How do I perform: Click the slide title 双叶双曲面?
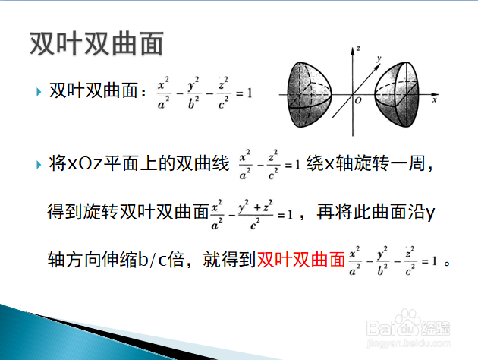coord(96,43)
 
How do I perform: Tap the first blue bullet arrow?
coord(39,92)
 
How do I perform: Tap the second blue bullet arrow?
coord(39,165)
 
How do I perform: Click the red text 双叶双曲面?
coord(301,260)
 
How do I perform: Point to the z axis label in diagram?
coord(358,48)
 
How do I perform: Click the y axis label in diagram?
coord(379,58)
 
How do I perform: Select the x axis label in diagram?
coord(435,99)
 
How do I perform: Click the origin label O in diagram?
coord(358,100)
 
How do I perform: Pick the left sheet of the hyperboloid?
coord(309,95)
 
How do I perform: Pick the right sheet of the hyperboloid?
coord(397,94)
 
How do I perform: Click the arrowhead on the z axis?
coord(353,51)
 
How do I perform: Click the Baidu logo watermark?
coord(408,324)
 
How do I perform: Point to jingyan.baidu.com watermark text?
coord(408,343)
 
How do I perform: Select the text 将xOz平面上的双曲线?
coord(139,163)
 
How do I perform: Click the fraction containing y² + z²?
coord(256,215)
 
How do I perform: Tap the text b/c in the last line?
coord(153,260)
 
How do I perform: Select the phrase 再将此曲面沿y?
coord(376,212)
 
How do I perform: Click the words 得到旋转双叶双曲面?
coord(128,212)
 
